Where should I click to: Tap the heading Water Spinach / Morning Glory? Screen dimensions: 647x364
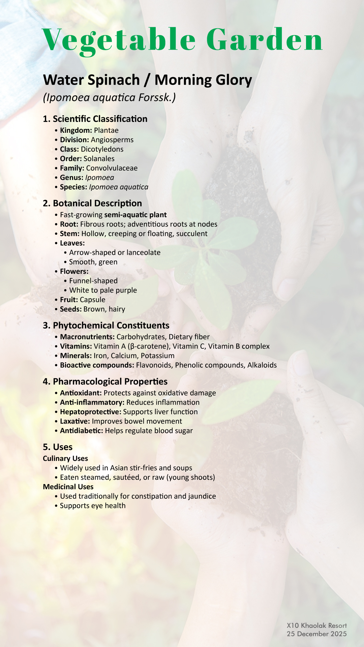pyautogui.click(x=147, y=80)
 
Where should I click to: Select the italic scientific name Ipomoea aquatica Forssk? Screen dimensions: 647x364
pyautogui.click(x=109, y=98)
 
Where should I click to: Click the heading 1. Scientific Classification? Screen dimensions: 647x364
pyautogui.click(x=95, y=119)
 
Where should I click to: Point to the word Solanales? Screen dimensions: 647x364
pyautogui.click(x=99, y=159)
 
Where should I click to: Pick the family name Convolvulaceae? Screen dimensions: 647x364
pyautogui.click(x=112, y=168)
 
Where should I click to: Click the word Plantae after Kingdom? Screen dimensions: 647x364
pyautogui.click(x=106, y=130)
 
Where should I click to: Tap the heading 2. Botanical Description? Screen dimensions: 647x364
pyautogui.click(x=92, y=204)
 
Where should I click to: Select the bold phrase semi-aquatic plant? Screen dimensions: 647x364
pyautogui.click(x=135, y=215)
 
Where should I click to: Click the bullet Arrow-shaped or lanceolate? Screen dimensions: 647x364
pyautogui.click(x=115, y=253)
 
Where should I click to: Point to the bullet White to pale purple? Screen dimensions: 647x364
pyautogui.click(x=103, y=290)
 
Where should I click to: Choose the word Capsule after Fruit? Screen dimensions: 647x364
pyautogui.click(x=92, y=300)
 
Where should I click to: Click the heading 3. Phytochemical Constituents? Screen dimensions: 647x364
pyautogui.click(x=106, y=326)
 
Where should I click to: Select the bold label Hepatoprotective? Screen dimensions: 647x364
pyautogui.click(x=90, y=412)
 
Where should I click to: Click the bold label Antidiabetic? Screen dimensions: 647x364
pyautogui.click(x=81, y=431)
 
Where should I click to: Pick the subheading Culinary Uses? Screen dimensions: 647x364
pyautogui.click(x=65, y=459)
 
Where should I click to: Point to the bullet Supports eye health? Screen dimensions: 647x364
pyautogui.click(x=93, y=506)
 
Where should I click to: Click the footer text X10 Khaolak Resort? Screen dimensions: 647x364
pyautogui.click(x=316, y=626)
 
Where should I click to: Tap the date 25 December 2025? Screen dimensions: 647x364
pyautogui.click(x=316, y=634)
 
